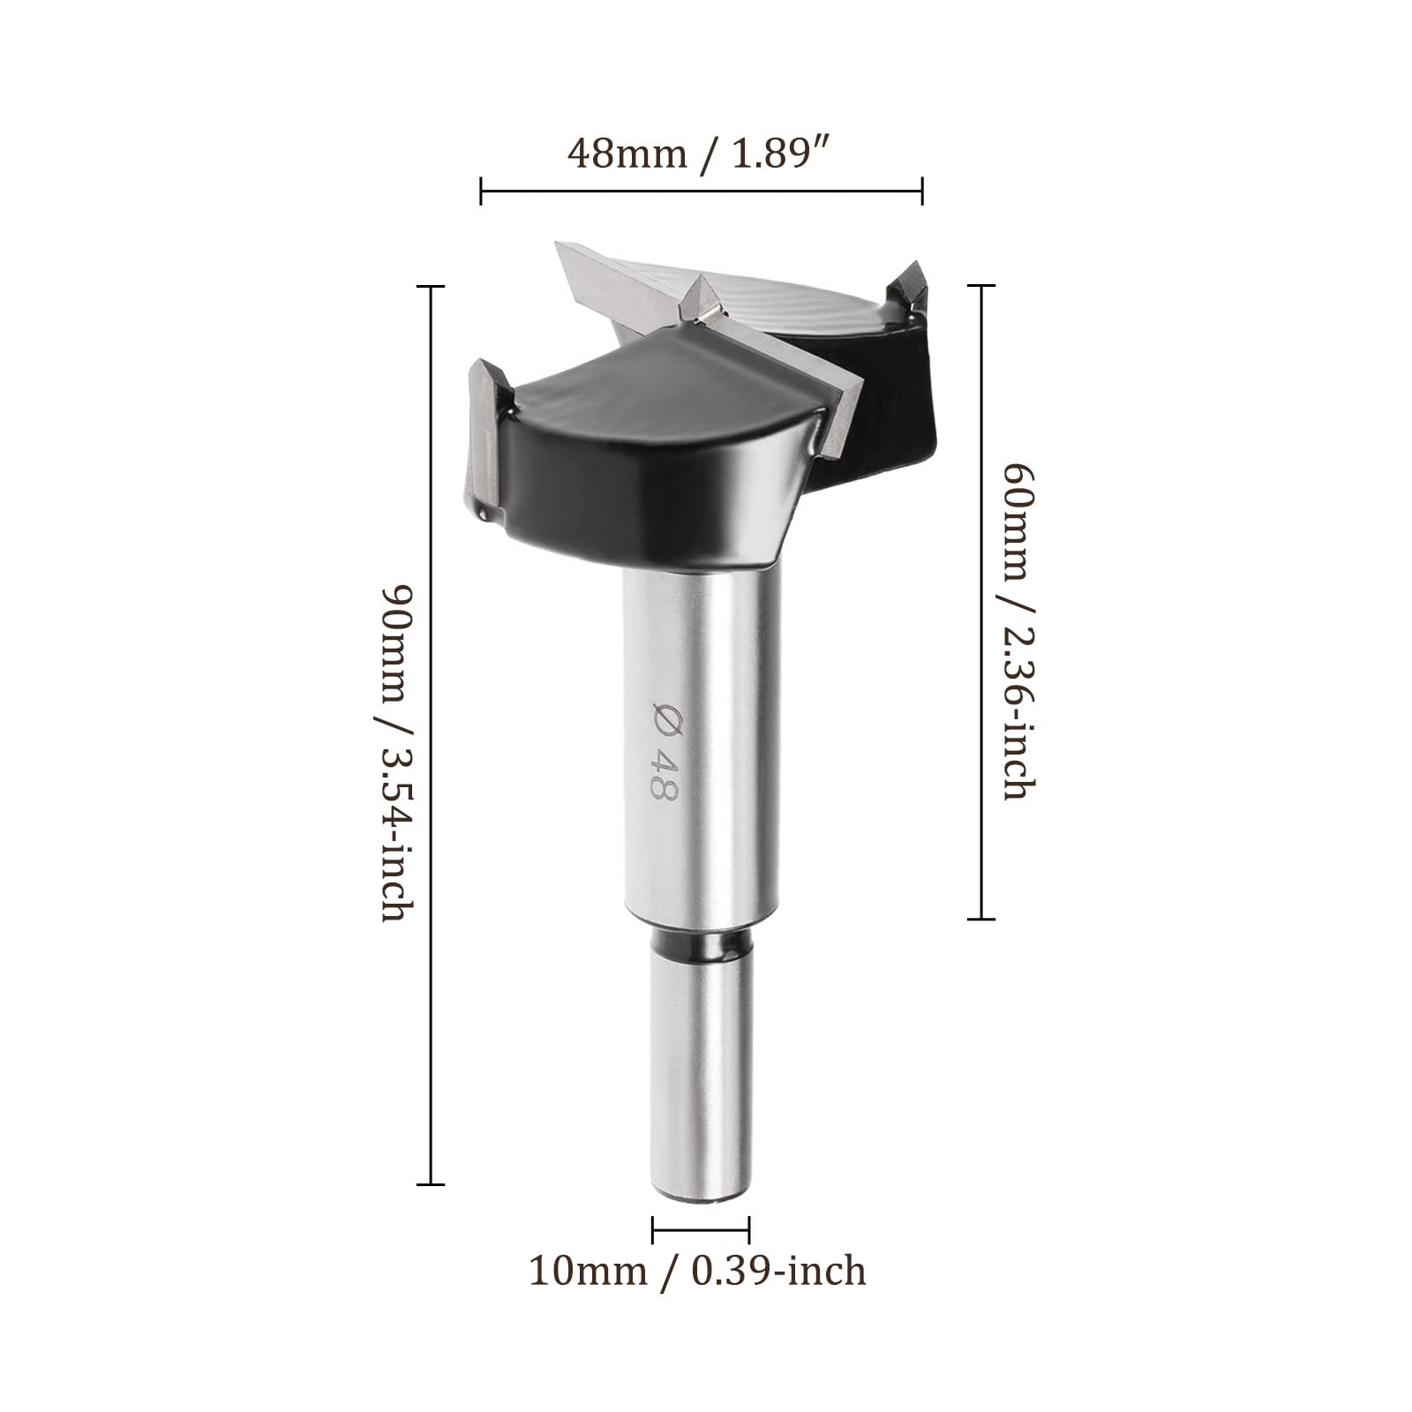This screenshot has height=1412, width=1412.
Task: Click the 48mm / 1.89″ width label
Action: pos(701,153)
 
